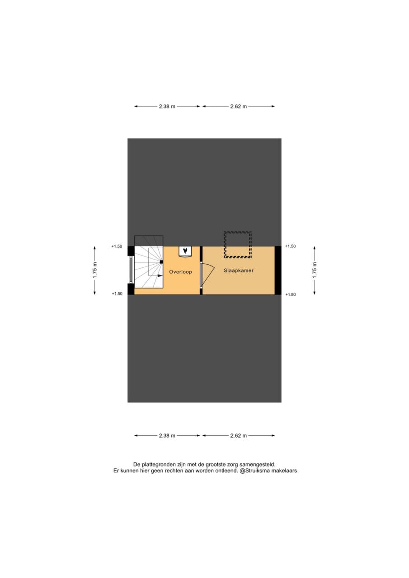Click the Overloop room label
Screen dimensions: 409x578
[180, 272]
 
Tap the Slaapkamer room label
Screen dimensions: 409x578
[238, 270]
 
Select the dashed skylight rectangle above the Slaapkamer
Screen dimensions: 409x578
[238, 245]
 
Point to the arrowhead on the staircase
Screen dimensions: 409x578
[160, 275]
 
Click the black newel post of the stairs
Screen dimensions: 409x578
[161, 262]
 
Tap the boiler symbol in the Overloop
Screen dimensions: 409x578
[185, 252]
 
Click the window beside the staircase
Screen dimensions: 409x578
[132, 270]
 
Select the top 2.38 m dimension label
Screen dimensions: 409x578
[167, 106]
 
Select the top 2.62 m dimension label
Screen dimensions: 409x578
[238, 106]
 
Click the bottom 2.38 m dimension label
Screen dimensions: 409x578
[167, 436]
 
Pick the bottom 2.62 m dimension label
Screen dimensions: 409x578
[238, 436]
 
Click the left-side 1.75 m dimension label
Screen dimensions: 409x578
[95, 270]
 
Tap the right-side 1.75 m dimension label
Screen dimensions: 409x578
[314, 270]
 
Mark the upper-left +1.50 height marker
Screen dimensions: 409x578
[117, 247]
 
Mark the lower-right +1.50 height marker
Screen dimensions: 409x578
[291, 294]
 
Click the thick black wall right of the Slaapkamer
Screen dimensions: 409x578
[278, 270]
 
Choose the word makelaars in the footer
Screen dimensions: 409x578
[287, 471]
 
